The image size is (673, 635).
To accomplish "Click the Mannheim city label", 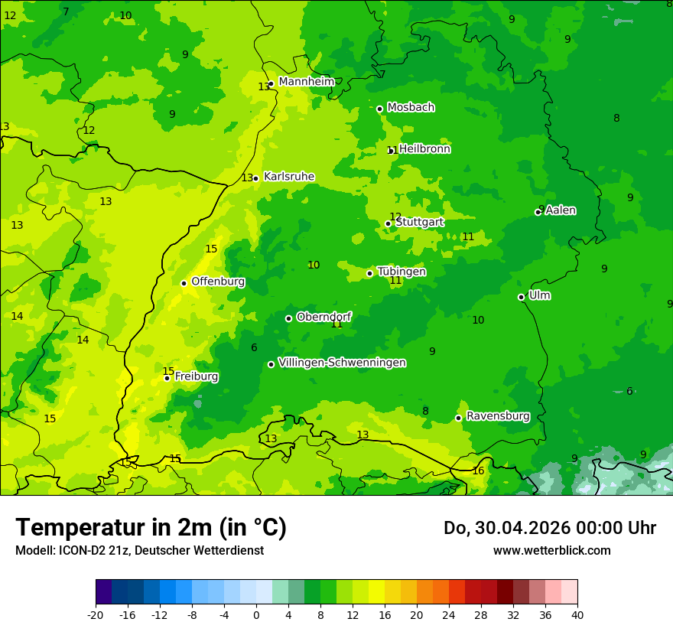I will pyautogui.click(x=306, y=82).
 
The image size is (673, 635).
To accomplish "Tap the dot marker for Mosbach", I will pyautogui.click(x=379, y=109).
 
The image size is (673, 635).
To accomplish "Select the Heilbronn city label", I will pyautogui.click(x=424, y=149).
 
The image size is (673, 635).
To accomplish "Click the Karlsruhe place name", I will pyautogui.click(x=288, y=177).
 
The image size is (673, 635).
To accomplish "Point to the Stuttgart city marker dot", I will pyautogui.click(x=388, y=224).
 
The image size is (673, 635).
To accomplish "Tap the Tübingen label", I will pyautogui.click(x=402, y=272).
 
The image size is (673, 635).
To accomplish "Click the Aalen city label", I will pyautogui.click(x=561, y=210).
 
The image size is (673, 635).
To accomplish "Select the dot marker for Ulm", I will pyautogui.click(x=521, y=297).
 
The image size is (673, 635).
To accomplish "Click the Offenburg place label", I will pyautogui.click(x=218, y=282).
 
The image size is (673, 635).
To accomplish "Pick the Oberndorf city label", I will pyautogui.click(x=323, y=317).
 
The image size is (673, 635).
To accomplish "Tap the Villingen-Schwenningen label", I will pyautogui.click(x=342, y=363).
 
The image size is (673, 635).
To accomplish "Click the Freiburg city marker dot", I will pyautogui.click(x=167, y=378).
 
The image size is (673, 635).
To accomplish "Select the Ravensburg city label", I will pyautogui.click(x=498, y=416).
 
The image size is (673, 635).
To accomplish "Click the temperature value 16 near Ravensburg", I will pyautogui.click(x=478, y=471).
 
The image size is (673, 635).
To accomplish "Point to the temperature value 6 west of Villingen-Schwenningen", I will pyautogui.click(x=254, y=348).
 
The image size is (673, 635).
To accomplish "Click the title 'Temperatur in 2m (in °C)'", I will pyautogui.click(x=151, y=527).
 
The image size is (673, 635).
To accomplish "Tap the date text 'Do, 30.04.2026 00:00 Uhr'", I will pyautogui.click(x=549, y=528).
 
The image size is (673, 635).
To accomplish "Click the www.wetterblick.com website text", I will pyautogui.click(x=551, y=551).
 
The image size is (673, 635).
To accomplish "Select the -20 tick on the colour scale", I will pyautogui.click(x=96, y=614).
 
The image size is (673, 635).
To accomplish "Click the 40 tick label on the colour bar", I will pyautogui.click(x=577, y=614).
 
